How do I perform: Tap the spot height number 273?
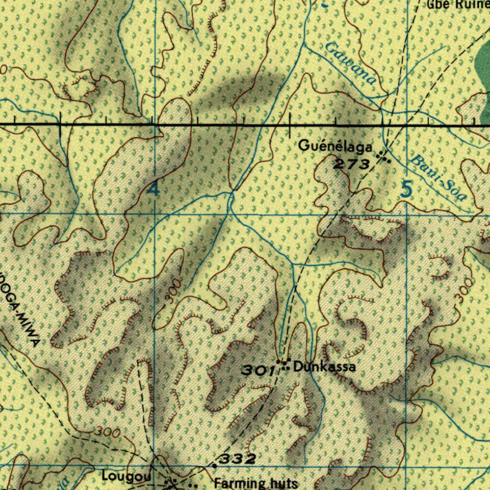click(352, 165)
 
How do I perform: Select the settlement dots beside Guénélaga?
click(383, 156)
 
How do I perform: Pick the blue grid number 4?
click(153, 190)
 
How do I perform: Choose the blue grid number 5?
click(406, 190)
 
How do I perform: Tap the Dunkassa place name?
click(324, 367)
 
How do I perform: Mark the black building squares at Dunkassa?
click(284, 365)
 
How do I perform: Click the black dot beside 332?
click(214, 465)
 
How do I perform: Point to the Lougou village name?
click(126, 476)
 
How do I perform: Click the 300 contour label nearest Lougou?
click(107, 432)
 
